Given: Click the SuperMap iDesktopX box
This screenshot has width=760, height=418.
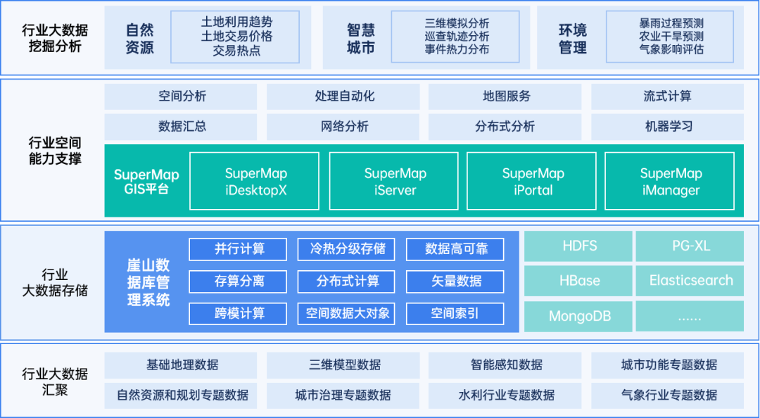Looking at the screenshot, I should coord(255,182).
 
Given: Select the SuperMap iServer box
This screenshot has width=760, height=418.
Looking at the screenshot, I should coord(394,182).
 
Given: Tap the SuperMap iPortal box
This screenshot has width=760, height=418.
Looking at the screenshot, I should coord(532,182).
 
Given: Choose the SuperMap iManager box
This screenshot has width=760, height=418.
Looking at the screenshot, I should coord(670,182).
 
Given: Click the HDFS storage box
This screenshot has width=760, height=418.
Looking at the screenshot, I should coord(579,246).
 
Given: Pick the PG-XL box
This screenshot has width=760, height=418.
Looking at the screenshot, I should coord(690,246).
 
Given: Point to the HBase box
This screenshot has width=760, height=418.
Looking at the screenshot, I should coord(579,281).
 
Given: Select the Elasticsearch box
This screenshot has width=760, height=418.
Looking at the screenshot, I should coord(690,281).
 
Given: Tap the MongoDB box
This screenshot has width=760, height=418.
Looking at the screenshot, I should coord(579,316).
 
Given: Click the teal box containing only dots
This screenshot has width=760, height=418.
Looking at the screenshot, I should coord(690,316).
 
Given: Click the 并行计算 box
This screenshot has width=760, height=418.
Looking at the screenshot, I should coord(239,249).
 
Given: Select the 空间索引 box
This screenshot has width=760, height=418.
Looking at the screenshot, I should coord(455,313).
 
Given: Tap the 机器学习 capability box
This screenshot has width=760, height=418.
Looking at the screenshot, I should coord(667,127).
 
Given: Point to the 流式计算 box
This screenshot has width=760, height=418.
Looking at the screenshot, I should coord(667,96).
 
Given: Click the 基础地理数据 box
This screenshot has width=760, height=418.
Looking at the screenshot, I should coord(182,365).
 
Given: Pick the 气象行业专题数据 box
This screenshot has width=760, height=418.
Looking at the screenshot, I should coord(667,395).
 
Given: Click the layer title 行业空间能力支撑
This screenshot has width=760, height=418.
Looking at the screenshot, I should coord(54,151).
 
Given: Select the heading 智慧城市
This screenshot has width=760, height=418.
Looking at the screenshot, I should coord(360,39).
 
